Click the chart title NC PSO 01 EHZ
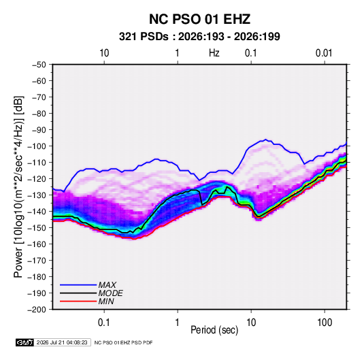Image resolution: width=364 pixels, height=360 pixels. (x=199, y=19)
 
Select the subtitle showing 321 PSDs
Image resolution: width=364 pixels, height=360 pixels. (x=199, y=37)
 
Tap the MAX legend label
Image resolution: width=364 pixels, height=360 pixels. (x=107, y=285)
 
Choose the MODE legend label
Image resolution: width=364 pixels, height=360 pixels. (x=110, y=293)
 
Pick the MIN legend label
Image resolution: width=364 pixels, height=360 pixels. (x=106, y=301)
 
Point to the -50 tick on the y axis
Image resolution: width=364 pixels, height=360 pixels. (x=39, y=65)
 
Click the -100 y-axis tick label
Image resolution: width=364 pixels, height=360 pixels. (x=37, y=146)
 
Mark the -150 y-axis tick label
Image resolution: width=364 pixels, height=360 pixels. (x=37, y=228)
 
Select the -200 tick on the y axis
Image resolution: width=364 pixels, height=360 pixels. (x=37, y=310)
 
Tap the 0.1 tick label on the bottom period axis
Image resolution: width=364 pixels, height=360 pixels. (x=104, y=323)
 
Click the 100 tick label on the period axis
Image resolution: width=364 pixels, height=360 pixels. (x=325, y=323)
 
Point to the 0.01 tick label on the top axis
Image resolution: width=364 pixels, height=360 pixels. (x=324, y=53)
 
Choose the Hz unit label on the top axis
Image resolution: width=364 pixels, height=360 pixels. (x=214, y=53)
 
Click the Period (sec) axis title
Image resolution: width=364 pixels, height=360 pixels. (x=214, y=330)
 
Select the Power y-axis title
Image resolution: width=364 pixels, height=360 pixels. (x=18, y=187)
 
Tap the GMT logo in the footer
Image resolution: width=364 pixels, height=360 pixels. (x=25, y=342)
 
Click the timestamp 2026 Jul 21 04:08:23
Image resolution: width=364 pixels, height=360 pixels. (x=62, y=342)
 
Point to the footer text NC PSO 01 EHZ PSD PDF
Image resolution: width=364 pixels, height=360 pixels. (x=124, y=342)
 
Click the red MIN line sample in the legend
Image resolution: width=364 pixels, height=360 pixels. (x=78, y=301)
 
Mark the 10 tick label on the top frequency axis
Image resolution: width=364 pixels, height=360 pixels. (x=104, y=53)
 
